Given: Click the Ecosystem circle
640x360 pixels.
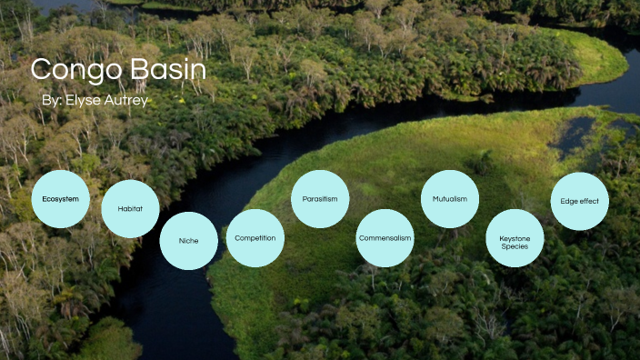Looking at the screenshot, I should [x=60, y=198].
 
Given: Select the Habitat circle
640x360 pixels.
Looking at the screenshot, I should [x=130, y=208].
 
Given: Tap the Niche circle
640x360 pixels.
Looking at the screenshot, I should [x=188, y=240].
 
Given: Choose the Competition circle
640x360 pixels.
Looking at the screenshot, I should [x=255, y=237].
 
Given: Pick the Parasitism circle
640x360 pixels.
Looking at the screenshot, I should [x=320, y=198].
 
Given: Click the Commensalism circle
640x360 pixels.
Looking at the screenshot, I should [x=385, y=237].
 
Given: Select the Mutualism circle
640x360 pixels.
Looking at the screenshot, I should [x=450, y=198].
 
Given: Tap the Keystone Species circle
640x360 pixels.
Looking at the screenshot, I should [x=515, y=241].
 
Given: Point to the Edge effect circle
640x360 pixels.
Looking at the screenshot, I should [x=580, y=201].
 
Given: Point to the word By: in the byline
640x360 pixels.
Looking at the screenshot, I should [x=52, y=100].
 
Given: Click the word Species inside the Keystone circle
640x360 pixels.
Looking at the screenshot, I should [x=515, y=246].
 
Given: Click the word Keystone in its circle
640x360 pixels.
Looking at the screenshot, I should [x=515, y=237].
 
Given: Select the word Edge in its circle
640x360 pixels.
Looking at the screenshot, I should [x=568, y=201].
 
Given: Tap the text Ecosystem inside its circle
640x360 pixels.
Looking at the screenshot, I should [x=60, y=198].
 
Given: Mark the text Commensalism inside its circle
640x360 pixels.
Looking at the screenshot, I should [x=385, y=237].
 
